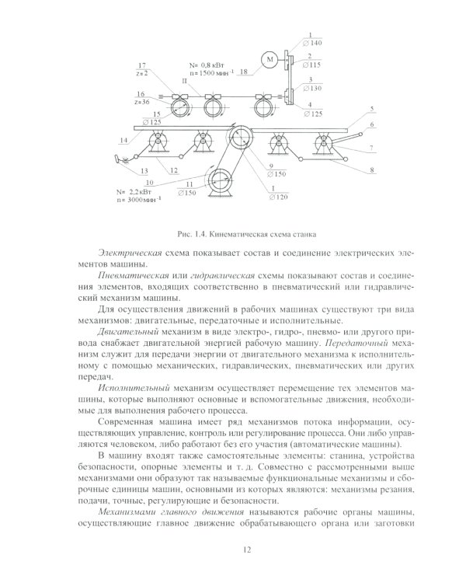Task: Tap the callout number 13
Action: pyautogui.click(x=144, y=170)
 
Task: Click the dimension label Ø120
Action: pyautogui.click(x=277, y=198)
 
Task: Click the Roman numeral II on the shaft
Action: pyautogui.click(x=184, y=79)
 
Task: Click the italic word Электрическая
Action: pyautogui.click(x=130, y=254)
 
